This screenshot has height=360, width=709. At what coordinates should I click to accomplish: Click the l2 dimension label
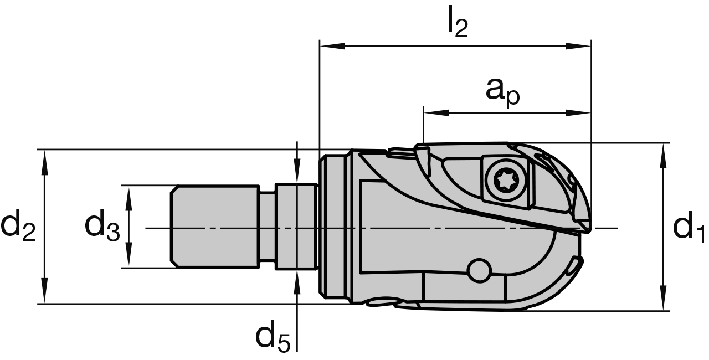458,22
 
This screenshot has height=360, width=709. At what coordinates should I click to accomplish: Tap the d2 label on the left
18,227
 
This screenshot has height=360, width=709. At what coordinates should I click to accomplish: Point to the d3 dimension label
102,227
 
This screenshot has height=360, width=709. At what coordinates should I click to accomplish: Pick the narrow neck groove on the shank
268,227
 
